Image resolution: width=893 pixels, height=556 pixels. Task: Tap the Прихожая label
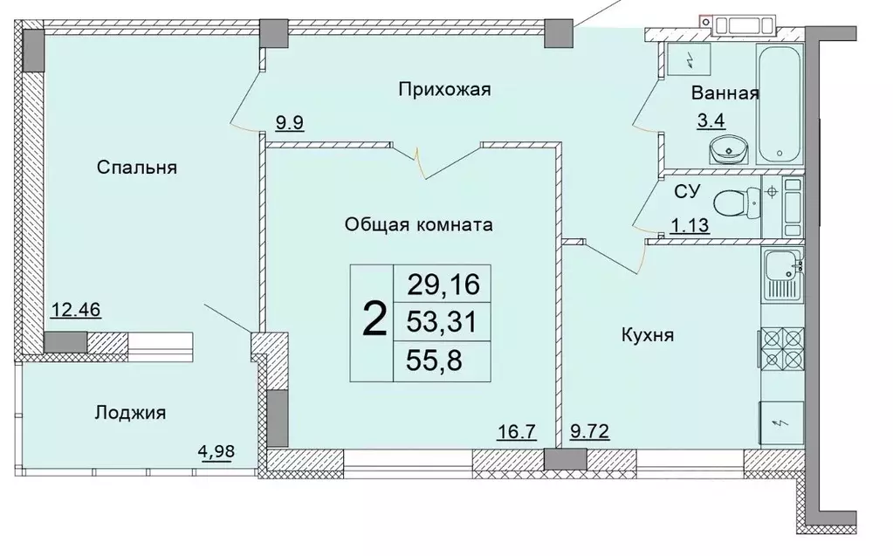pyautogui.click(x=445, y=88)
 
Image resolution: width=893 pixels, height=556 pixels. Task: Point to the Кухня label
pyautogui.click(x=647, y=334)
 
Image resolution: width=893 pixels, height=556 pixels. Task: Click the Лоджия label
pyautogui.click(x=130, y=412)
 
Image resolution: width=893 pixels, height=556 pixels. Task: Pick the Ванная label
pyautogui.click(x=725, y=93)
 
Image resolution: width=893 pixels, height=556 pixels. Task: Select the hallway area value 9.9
pyautogui.click(x=290, y=123)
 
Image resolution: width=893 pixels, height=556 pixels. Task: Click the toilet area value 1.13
pyautogui.click(x=689, y=226)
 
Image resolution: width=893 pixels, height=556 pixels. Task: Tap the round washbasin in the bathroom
pyautogui.click(x=727, y=151)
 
